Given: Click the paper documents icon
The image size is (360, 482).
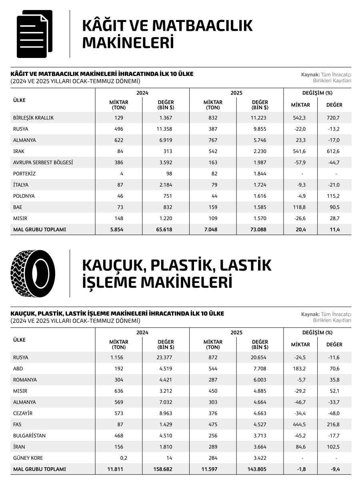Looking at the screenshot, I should (34, 34).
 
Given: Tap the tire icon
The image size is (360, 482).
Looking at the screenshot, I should (33, 273).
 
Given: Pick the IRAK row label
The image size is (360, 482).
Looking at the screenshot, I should (18, 151).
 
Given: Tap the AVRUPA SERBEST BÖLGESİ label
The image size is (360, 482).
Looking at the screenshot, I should (43, 163).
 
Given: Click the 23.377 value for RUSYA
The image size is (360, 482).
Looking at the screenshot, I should (166, 358).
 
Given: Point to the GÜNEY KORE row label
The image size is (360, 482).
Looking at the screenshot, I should (28, 458).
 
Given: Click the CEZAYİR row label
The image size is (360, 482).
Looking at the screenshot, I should (23, 413).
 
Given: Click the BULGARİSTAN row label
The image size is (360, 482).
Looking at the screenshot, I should (29, 436).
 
